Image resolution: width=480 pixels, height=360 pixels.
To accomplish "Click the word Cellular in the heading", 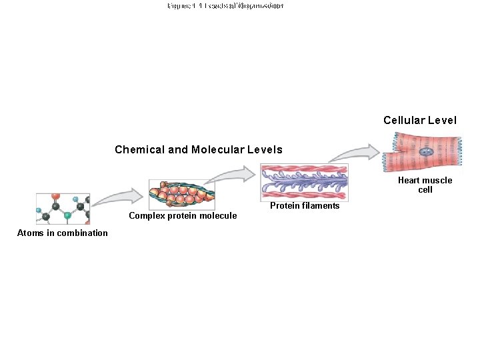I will point(403,121).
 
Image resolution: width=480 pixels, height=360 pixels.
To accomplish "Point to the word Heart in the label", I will point(409,180).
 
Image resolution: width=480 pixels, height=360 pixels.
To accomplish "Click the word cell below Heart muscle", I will point(425,190).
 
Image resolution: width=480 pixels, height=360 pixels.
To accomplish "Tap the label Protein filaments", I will point(305,205).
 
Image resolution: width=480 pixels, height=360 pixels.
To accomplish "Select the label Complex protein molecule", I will point(183,215).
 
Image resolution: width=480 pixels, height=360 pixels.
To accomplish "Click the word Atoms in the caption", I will point(30,233).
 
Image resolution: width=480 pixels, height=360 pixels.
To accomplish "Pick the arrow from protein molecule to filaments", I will point(229,176).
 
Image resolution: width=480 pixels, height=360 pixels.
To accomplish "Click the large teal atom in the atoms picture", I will point(67,215).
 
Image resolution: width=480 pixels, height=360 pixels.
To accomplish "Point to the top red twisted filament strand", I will point(304,169).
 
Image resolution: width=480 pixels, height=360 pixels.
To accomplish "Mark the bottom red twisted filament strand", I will point(304,195).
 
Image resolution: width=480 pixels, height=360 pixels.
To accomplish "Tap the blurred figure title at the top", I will point(225,5).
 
